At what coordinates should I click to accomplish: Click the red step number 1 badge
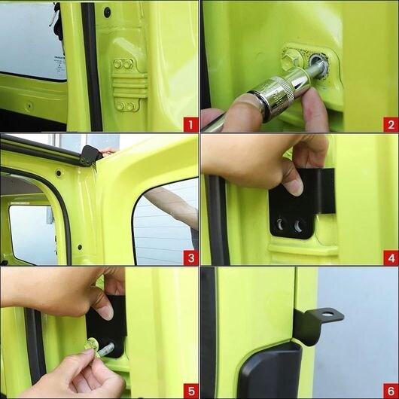point(190,124)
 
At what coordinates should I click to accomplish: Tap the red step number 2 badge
point(391,124)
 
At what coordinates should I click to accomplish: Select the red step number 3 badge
point(190,257)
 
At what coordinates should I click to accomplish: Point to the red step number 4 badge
point(391,257)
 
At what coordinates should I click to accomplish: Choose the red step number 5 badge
point(190,391)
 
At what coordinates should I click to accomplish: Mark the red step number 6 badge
point(391,391)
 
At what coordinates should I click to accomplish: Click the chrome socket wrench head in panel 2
point(280,93)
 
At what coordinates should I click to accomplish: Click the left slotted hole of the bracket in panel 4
point(279,224)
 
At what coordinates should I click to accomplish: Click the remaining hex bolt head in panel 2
point(292,59)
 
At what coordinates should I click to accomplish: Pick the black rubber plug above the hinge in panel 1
point(108,12)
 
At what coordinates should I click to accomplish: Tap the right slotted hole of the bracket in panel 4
point(297,226)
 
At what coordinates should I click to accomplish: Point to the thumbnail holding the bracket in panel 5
point(107,312)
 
